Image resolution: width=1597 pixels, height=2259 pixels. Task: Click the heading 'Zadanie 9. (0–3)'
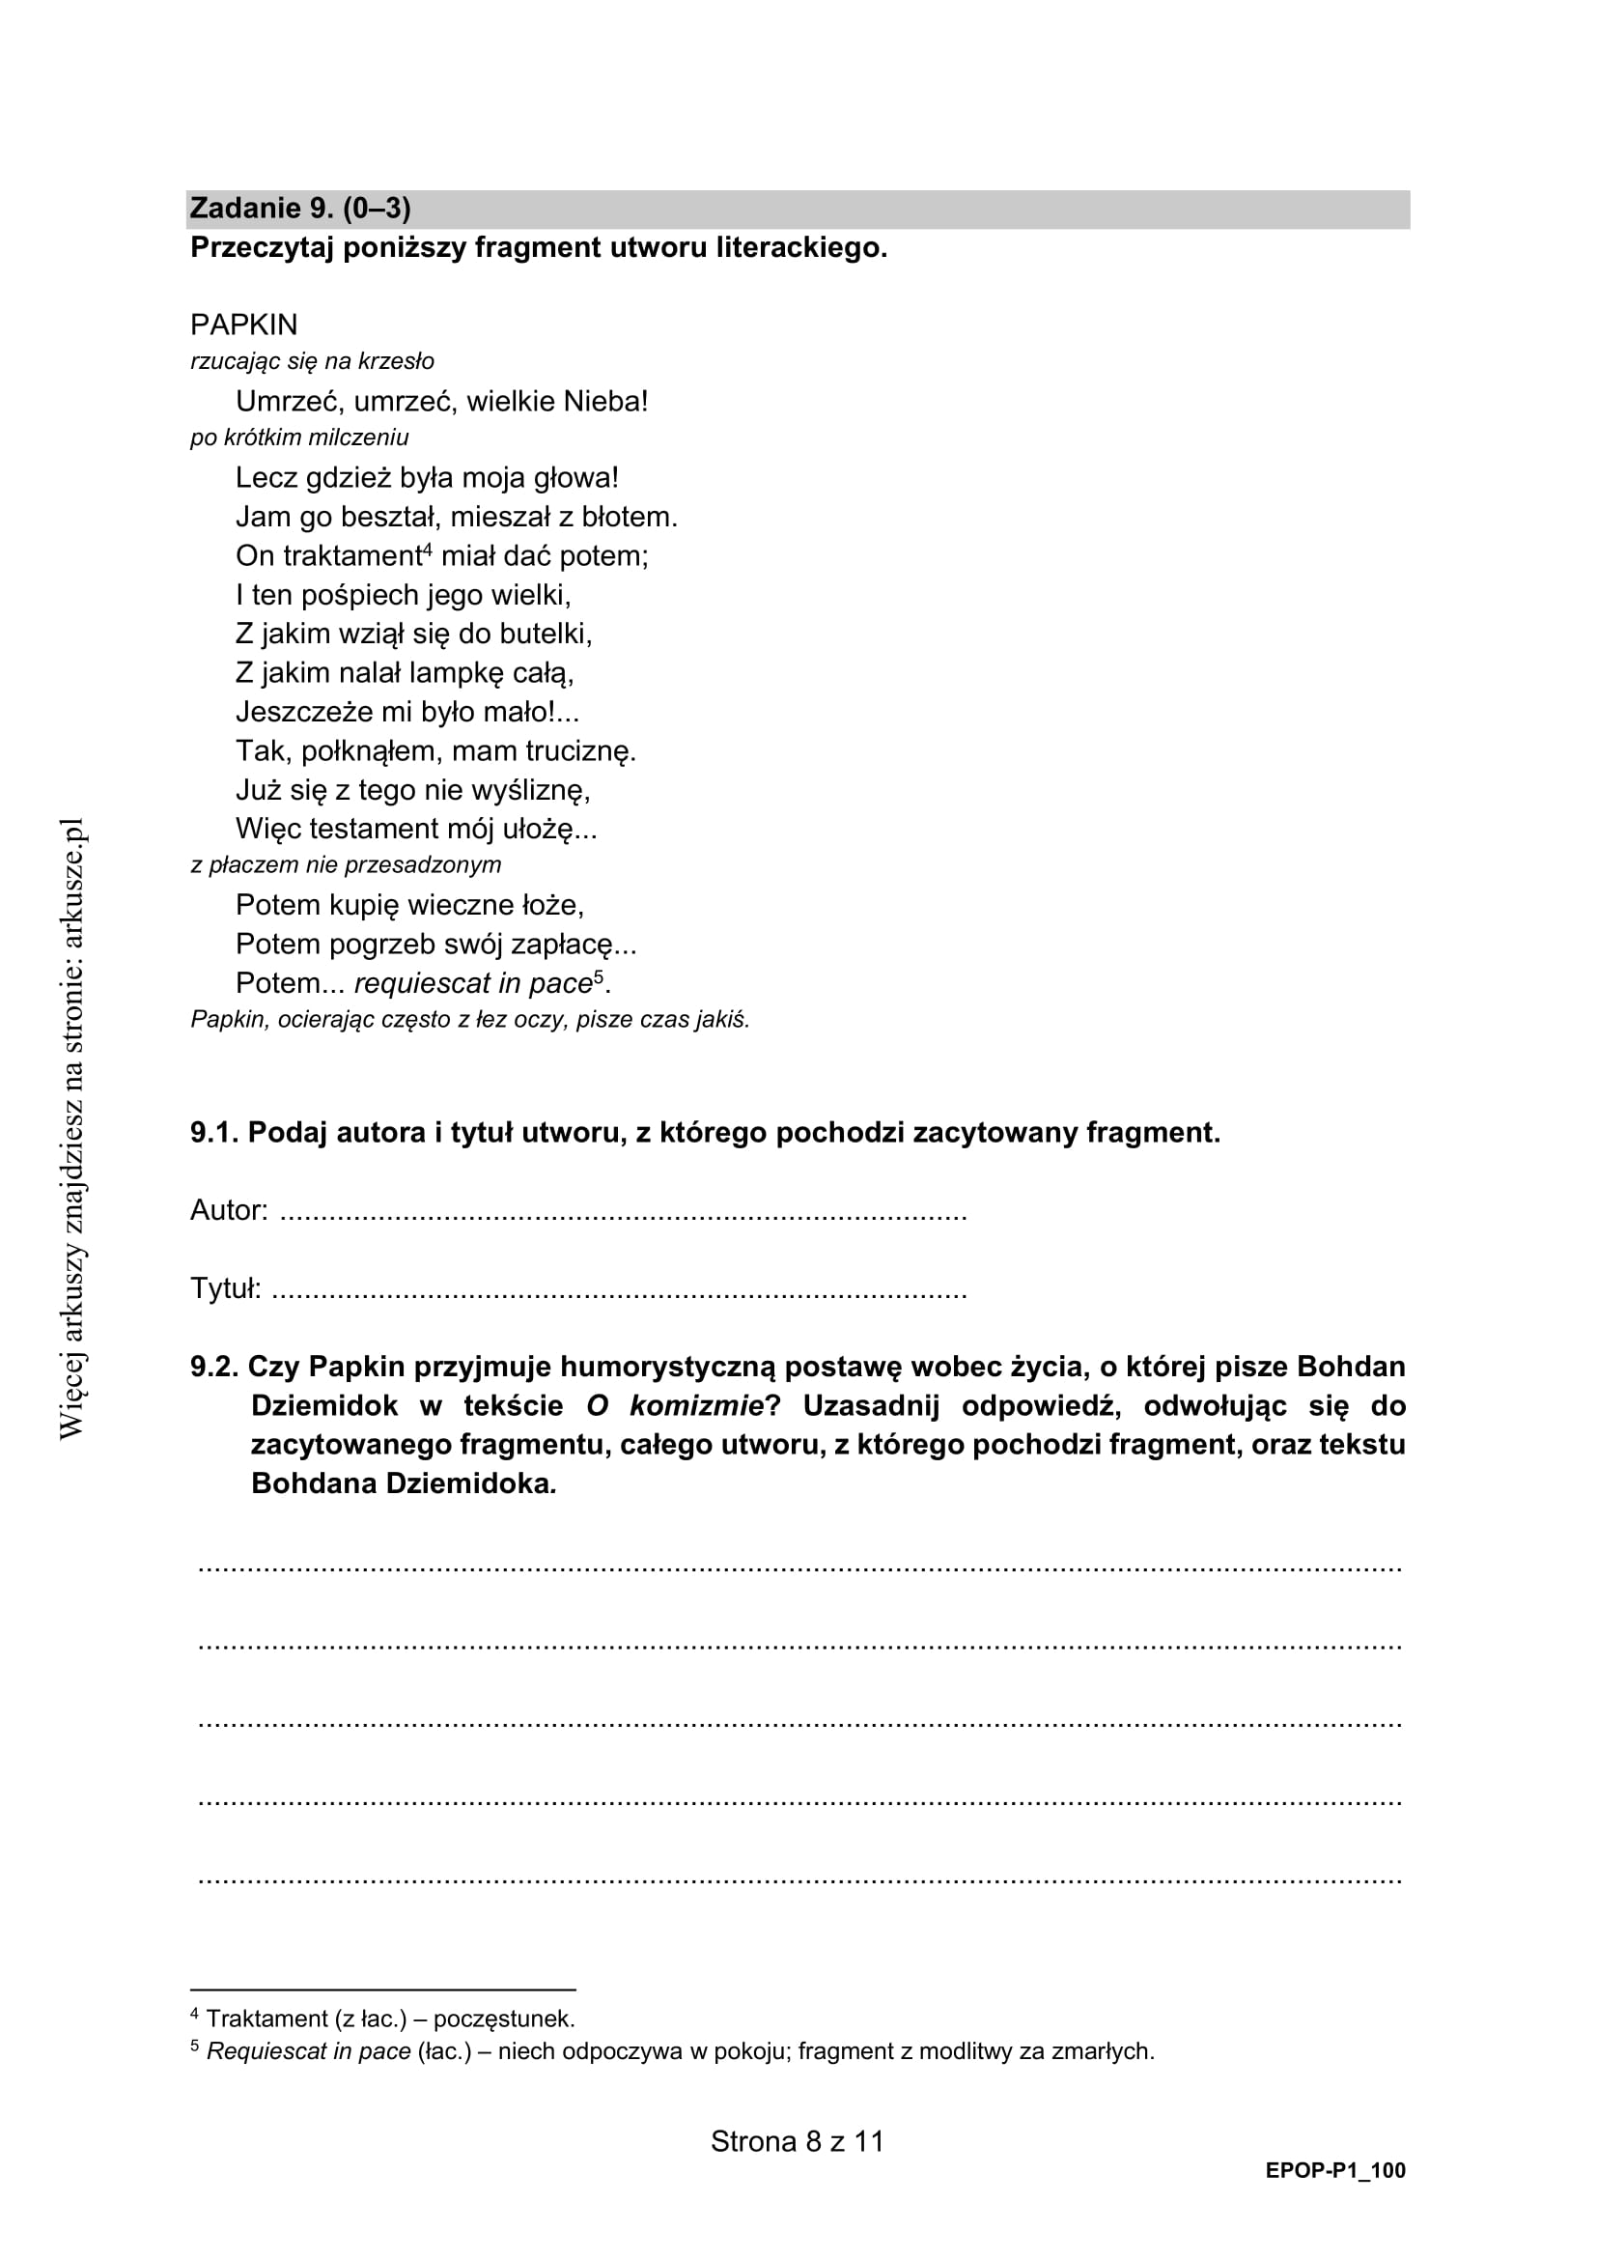(x=300, y=209)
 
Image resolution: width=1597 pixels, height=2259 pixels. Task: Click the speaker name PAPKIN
(x=244, y=325)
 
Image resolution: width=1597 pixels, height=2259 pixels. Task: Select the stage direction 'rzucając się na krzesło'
(x=312, y=362)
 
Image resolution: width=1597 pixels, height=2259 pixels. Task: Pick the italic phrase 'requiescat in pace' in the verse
(x=473, y=984)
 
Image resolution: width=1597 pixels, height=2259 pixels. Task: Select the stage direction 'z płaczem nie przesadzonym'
(x=345, y=864)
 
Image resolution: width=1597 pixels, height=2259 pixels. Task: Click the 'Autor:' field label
(x=228, y=1211)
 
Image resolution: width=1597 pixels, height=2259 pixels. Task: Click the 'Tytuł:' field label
(x=225, y=1289)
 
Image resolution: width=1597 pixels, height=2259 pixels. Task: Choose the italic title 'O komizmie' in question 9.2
(x=675, y=1407)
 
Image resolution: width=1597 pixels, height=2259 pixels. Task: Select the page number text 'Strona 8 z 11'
(x=798, y=2142)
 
